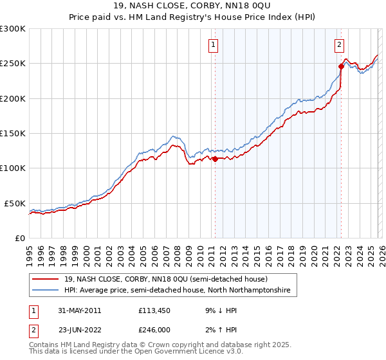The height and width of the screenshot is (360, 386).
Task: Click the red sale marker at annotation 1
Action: point(215,159)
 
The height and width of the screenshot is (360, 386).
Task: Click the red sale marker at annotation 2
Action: point(341,66)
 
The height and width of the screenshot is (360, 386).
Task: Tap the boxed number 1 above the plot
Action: point(213,45)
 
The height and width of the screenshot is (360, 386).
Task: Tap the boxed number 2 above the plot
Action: point(338,45)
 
